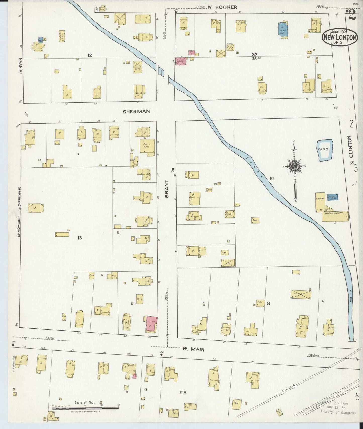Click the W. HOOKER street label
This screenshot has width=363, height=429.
[x=222, y=7]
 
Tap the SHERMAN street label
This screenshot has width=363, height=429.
[x=136, y=111]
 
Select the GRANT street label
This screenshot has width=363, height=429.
[x=167, y=190]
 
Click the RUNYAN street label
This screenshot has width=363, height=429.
[x=21, y=65]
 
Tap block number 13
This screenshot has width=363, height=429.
[x=80, y=238]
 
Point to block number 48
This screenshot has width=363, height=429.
[x=183, y=400]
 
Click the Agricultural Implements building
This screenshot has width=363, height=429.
[x=335, y=216]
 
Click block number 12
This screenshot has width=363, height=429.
[x=90, y=55]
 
